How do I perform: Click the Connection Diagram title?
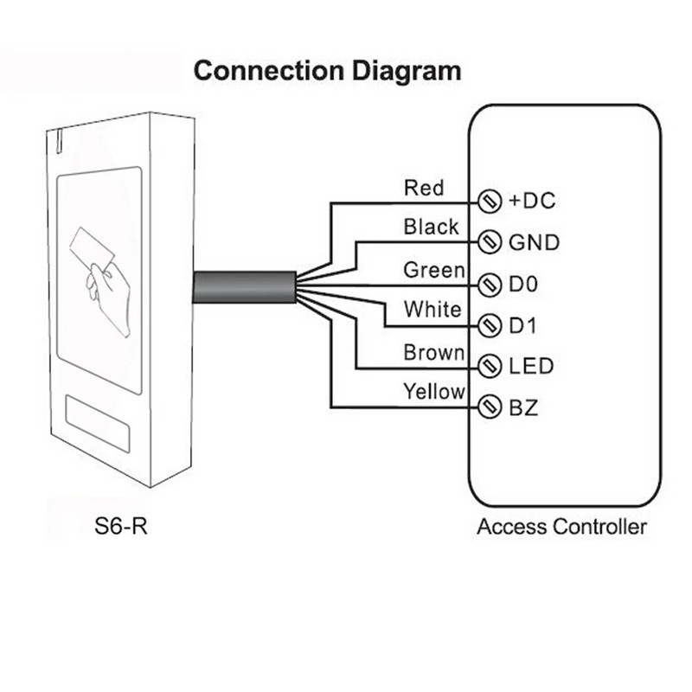pos(327,70)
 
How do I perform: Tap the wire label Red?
pos(424,188)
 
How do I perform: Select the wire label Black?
pos(431,227)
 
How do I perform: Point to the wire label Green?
pos(433,271)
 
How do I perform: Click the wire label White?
pos(432,309)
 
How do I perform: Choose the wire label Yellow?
pos(434,392)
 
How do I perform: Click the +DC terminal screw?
pos(490,202)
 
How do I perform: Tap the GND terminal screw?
pos(490,241)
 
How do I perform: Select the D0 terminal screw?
pos(490,284)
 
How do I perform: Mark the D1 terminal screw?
pos(490,325)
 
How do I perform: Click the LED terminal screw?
pos(490,367)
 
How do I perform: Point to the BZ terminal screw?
pos(490,407)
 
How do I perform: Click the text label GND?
pos(533,242)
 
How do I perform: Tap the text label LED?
pos(530,367)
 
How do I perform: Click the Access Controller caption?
pos(561,526)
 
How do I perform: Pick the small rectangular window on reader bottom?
pos(97,424)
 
